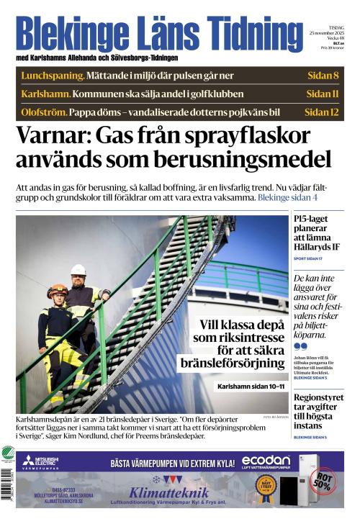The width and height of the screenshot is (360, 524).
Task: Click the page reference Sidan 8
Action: coord(322,76)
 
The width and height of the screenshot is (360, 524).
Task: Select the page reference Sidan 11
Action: coord(322,94)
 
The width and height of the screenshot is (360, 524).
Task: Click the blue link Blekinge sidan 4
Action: coord(287,197)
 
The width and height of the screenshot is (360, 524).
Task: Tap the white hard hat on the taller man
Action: coord(78,270)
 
